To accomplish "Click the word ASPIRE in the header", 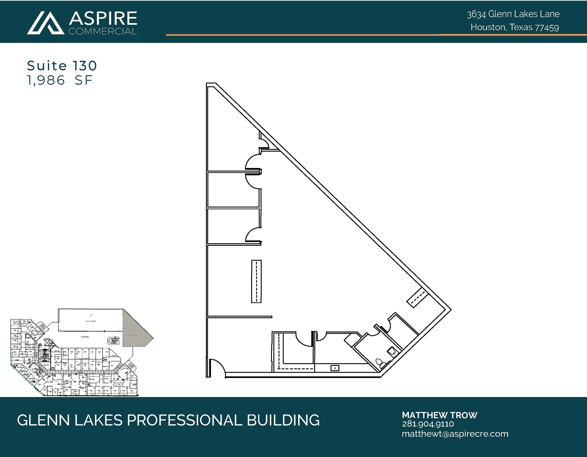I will coord(103,18).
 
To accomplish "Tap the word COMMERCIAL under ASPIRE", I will coord(103,31).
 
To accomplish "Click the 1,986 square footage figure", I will coord(46,80).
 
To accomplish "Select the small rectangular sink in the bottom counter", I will coord(335,368).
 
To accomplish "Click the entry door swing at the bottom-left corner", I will coord(217,367).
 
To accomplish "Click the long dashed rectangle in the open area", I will coord(256,281).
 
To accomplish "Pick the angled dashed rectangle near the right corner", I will coord(417,298).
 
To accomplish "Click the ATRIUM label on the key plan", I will coord(85,337).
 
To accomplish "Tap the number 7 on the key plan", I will coord(91,315).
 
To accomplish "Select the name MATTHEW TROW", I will coord(439,415).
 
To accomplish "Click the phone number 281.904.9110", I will coord(428,424).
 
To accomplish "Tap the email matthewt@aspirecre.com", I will coord(455,434).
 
